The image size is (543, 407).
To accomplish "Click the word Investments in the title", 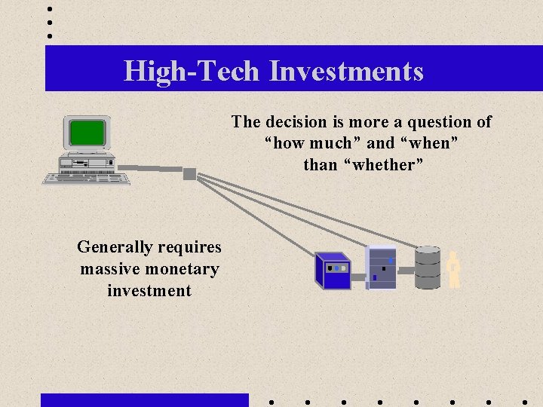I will pos(346,72).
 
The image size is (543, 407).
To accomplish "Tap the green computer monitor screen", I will pos(87,133).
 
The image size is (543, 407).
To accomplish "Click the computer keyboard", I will pos(86,179).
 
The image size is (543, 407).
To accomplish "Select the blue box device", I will pos(333,271).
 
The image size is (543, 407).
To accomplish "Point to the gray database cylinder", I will pos(428,268).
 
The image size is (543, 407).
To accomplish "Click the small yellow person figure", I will pos(453,269).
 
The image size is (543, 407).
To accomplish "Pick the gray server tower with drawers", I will pos(381,268).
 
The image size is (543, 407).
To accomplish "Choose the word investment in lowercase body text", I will pos(149,291).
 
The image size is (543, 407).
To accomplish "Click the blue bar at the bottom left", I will pos(144,399).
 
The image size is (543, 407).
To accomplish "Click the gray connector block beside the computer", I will pos(189,174).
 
